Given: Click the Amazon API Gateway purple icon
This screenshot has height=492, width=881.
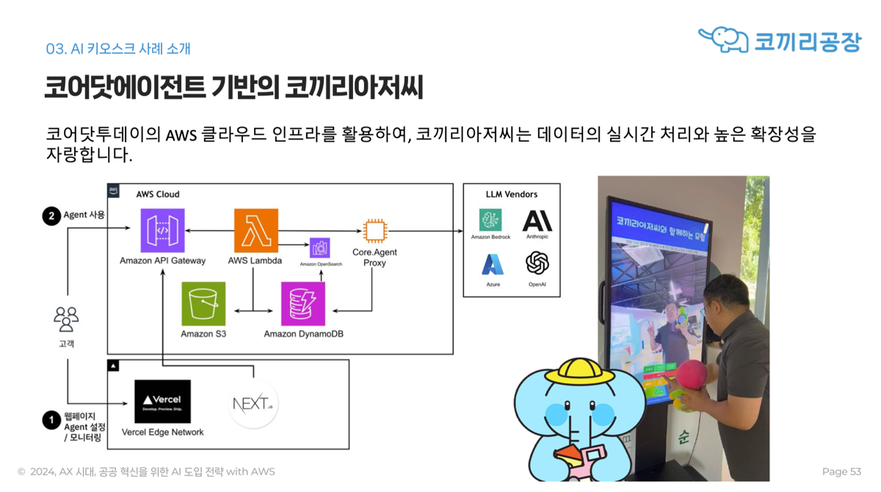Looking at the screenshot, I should (x=162, y=231).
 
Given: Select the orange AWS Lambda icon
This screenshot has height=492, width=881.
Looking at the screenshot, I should (x=255, y=231).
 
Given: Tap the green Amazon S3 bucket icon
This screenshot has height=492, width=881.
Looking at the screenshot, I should (x=203, y=303).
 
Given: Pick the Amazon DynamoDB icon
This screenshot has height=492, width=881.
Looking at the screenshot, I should (x=302, y=303).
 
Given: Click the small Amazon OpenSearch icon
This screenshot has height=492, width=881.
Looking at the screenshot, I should (x=320, y=247).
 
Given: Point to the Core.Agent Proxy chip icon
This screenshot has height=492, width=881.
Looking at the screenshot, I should (x=374, y=231).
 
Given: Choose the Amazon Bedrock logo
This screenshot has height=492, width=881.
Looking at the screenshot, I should (x=490, y=220).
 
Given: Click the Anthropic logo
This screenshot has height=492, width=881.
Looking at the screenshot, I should (x=537, y=220).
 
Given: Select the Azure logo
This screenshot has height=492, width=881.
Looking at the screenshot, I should (x=493, y=264).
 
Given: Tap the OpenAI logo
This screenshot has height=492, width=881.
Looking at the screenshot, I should (x=537, y=263).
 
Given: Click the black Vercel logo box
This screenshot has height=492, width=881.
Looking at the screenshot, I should (x=162, y=402).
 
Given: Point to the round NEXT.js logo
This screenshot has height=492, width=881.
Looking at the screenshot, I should (x=253, y=403).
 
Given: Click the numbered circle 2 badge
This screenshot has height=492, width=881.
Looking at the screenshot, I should (x=51, y=216).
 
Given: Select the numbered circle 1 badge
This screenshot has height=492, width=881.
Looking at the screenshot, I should (x=51, y=421).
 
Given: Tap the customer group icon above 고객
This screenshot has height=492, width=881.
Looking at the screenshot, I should (x=66, y=319).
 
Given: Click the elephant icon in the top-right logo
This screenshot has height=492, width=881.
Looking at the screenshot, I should (x=724, y=40).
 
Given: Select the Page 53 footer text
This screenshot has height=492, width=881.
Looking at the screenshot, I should (x=841, y=471).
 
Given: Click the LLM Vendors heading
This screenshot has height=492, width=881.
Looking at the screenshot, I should (x=512, y=195).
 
